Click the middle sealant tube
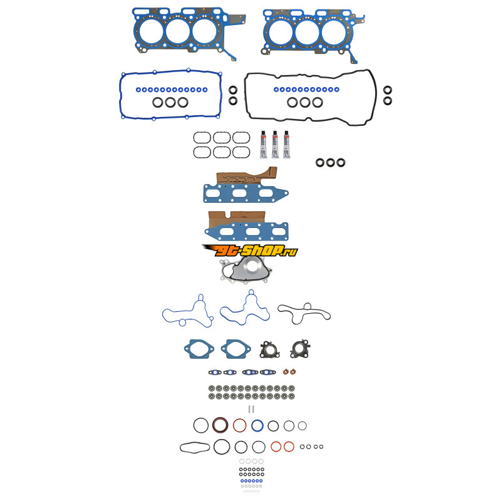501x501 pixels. click(x=275, y=145)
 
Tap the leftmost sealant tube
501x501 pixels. click(x=264, y=145)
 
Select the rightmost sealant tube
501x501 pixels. click(x=286, y=145)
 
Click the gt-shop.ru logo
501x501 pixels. click(x=250, y=251)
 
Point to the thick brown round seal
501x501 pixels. click(x=220, y=425)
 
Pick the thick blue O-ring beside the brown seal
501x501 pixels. click(x=257, y=426)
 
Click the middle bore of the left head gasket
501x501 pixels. click(x=178, y=29)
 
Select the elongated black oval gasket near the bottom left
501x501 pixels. click(x=195, y=447)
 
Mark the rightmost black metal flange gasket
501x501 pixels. click(x=300, y=349)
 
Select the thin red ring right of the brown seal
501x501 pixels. click(x=239, y=426)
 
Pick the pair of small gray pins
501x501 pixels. click(x=251, y=409)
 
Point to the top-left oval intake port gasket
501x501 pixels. click(x=202, y=138)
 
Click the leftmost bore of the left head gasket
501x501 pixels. click(x=150, y=29)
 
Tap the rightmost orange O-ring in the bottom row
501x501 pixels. click(x=289, y=447)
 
